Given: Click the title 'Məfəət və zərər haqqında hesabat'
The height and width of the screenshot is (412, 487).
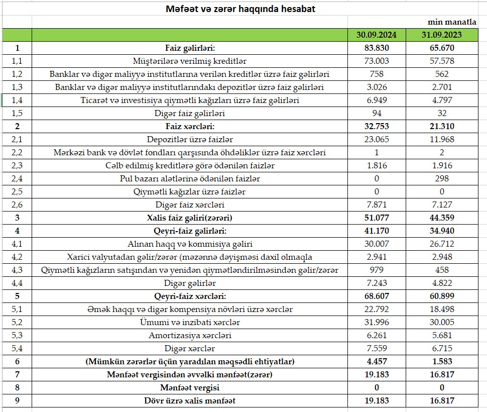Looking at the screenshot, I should click(240, 9).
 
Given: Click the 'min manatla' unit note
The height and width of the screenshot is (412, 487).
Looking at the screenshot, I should click(451, 23).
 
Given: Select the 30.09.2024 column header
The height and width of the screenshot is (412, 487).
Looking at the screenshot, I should click(377, 35).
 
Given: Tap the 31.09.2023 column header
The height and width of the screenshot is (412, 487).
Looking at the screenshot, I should click(441, 35).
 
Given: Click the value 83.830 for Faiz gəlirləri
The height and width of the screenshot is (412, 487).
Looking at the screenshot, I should click(377, 48).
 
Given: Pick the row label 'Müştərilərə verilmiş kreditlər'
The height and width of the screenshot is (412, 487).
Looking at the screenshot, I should click(190, 61).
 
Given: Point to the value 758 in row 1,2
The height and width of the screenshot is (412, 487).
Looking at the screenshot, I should click(377, 74).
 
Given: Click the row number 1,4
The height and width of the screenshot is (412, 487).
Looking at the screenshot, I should click(17, 100).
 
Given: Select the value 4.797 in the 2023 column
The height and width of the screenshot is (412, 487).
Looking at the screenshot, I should click(441, 100).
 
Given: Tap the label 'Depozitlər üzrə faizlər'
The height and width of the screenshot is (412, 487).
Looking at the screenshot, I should click(190, 140).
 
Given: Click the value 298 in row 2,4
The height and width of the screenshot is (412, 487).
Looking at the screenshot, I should click(441, 178).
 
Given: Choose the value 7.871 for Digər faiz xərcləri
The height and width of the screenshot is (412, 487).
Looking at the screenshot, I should click(377, 204).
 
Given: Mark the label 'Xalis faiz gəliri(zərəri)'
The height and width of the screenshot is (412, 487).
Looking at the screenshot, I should click(190, 218).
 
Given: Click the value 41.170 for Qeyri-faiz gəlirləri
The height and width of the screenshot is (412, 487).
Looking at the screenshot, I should click(377, 231).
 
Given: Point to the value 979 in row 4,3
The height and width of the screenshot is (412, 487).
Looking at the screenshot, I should click(377, 270).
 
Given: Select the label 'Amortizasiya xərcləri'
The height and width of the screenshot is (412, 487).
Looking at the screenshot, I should click(190, 335).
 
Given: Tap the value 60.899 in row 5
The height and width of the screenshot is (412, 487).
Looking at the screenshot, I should click(441, 296).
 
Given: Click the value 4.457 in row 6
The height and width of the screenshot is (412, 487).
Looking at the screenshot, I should click(377, 361).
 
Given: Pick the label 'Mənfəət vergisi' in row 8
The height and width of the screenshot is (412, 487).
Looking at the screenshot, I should click(190, 387).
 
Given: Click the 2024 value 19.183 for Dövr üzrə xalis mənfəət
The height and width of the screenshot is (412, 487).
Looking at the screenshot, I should click(377, 400).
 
